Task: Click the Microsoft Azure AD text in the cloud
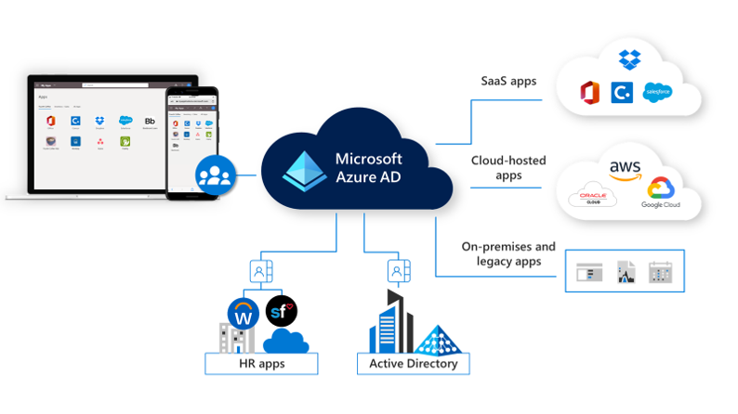click(368, 167)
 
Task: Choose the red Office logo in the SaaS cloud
click(589, 93)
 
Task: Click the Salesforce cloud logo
click(656, 93)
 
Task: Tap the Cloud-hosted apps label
click(508, 166)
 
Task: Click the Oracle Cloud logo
click(592, 198)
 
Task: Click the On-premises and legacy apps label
click(508, 254)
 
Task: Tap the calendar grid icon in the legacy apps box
click(660, 272)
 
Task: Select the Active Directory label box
click(414, 364)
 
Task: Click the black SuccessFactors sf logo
click(280, 309)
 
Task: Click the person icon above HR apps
click(258, 272)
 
